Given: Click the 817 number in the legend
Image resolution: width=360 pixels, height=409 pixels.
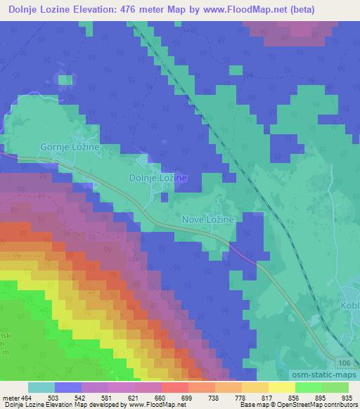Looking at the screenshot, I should coord(269,398).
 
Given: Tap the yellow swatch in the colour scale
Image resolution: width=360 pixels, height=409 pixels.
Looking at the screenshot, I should coord(282,388).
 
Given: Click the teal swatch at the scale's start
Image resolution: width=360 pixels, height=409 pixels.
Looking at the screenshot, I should coord(41,388).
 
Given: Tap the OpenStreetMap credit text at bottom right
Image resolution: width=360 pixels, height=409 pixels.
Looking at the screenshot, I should coord(310,405).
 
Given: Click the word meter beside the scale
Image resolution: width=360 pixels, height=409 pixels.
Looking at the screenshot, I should coord(11,398).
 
